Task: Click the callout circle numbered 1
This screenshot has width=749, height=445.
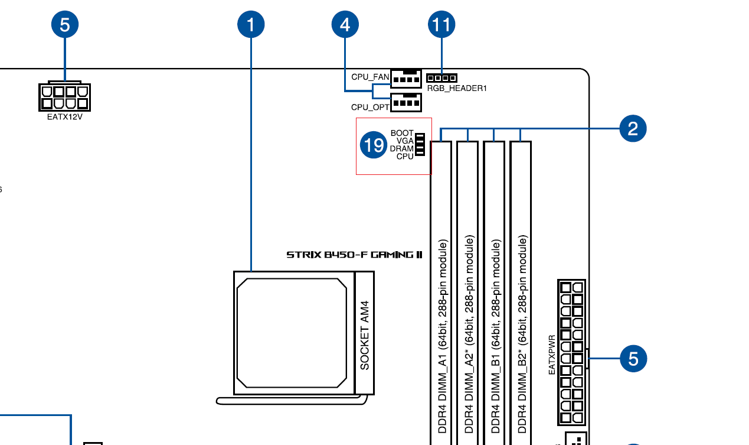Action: click(251, 24)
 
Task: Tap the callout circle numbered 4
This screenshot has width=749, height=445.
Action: click(345, 24)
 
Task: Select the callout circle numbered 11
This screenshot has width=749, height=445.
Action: click(441, 24)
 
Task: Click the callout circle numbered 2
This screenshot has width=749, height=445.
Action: click(633, 129)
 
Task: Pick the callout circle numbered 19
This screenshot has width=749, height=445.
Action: click(374, 145)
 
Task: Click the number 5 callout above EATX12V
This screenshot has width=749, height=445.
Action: click(65, 24)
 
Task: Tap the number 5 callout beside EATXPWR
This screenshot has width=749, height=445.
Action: click(633, 359)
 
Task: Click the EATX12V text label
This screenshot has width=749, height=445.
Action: click(64, 117)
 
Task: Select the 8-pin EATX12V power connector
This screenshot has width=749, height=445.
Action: click(64, 96)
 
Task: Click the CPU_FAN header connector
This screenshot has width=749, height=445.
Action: click(406, 79)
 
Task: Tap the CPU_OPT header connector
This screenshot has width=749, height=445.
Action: click(406, 102)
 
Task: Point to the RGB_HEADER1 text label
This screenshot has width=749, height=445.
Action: click(457, 89)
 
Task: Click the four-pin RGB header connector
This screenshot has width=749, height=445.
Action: click(441, 78)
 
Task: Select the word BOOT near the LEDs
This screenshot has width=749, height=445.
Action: click(402, 133)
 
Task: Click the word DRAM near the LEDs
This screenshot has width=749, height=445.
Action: click(401, 149)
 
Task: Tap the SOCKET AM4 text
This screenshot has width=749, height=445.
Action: click(365, 335)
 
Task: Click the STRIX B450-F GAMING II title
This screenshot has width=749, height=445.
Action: click(355, 255)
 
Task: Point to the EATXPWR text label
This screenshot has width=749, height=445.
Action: click(552, 355)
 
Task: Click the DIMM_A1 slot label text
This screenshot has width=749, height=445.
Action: click(442, 336)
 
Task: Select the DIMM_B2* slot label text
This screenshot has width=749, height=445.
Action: click(522, 334)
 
